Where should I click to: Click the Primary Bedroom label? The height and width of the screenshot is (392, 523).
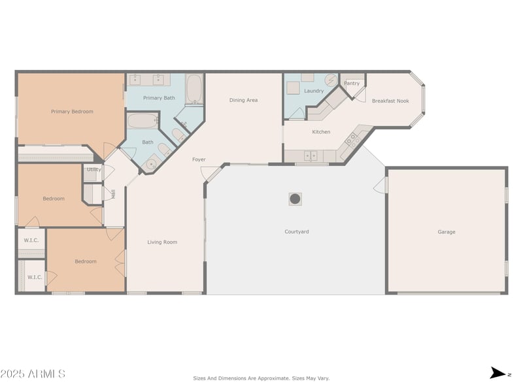click(x=72, y=112)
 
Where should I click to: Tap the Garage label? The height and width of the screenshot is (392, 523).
click(x=447, y=232)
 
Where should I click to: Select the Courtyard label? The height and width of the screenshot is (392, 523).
click(x=297, y=232)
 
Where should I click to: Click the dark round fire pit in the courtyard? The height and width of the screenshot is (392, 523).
click(x=295, y=199)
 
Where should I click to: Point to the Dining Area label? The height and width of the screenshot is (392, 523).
click(x=243, y=100)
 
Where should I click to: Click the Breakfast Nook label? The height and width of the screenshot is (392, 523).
click(x=390, y=101)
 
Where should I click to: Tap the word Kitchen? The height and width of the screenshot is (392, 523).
click(x=321, y=132)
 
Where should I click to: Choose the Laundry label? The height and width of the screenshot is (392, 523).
click(x=314, y=91)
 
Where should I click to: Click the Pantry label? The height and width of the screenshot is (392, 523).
click(x=352, y=84)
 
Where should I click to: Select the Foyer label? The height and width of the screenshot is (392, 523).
click(x=199, y=159)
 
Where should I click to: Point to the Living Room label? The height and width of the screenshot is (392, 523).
click(x=162, y=242)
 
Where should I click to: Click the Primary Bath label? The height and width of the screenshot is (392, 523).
click(x=159, y=98)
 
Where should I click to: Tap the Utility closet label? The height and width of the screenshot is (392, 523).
click(x=93, y=169)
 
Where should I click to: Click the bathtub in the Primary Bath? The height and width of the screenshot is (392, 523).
click(x=194, y=89)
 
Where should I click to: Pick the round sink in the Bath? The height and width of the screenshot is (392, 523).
click(x=152, y=164)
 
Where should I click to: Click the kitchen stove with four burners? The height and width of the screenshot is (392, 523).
click(x=352, y=140)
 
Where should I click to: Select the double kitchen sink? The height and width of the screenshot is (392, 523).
click(x=311, y=155)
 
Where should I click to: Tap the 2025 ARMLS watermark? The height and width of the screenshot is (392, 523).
click(x=33, y=374)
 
